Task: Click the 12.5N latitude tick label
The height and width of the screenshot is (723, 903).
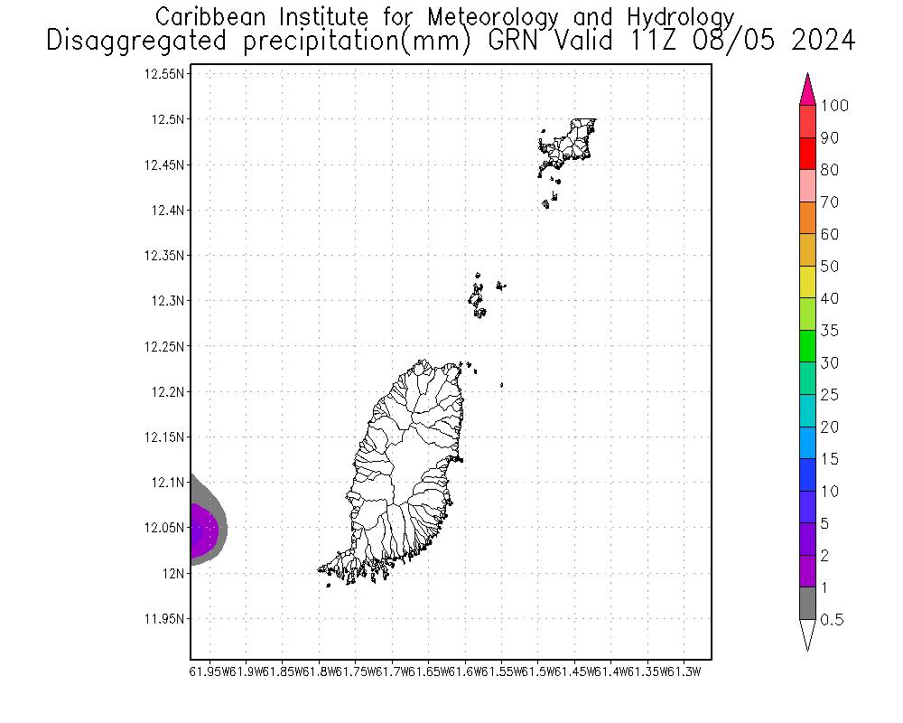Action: click(170, 119)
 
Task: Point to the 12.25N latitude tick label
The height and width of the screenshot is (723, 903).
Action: click(166, 346)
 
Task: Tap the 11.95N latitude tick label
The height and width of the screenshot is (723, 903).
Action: click(166, 619)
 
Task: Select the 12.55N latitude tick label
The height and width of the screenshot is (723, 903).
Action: click(166, 74)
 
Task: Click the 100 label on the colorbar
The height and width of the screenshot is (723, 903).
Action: click(834, 106)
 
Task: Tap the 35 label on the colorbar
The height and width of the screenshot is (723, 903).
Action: click(828, 331)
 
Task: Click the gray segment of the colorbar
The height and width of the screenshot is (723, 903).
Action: click(807, 604)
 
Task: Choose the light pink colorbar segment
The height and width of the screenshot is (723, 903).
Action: click(807, 185)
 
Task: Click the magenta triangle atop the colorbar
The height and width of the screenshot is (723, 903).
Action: click(807, 91)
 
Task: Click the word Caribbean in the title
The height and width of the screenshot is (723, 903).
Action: click(213, 17)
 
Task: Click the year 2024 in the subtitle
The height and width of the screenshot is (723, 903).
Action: click(819, 41)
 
